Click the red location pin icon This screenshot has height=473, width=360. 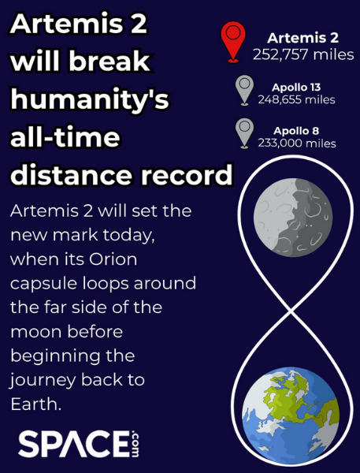[x=232, y=42]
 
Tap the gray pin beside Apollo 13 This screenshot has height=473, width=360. [x=244, y=90]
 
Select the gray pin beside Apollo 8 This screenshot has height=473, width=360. [x=244, y=134]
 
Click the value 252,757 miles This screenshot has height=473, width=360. [x=303, y=54]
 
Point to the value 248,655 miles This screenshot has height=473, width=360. [x=296, y=99]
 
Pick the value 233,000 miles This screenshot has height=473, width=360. [x=297, y=143]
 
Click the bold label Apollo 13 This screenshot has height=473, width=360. [x=296, y=88]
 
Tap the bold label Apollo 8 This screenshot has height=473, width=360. [x=296, y=131]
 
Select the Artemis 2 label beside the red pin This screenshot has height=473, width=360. [x=302, y=38]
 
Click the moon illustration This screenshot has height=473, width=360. [x=293, y=218]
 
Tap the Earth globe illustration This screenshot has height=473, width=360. [x=291, y=415]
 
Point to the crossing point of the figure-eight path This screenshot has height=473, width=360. [x=291, y=310]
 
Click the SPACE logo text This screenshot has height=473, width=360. [x=73, y=444]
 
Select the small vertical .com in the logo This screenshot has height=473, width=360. [x=135, y=444]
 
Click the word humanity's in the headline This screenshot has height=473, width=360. [x=90, y=99]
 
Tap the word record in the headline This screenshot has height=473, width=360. [x=187, y=174]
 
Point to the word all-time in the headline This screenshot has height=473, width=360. [x=65, y=137]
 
